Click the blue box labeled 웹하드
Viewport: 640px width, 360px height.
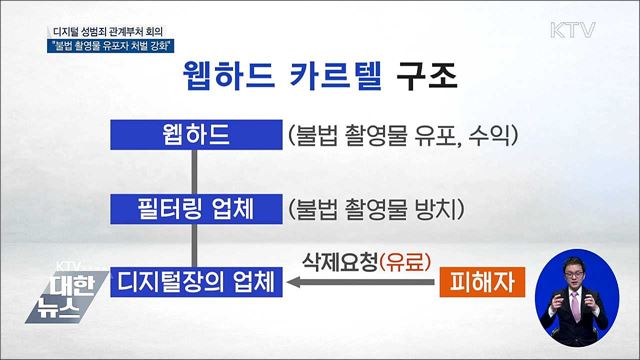(x=197, y=133)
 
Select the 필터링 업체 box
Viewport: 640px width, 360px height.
(x=197, y=210)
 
